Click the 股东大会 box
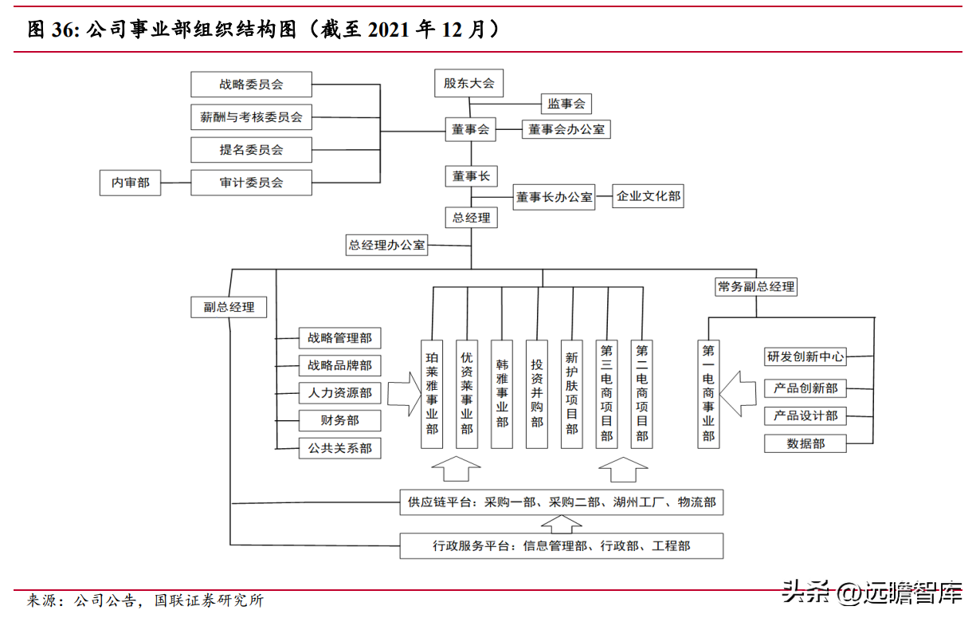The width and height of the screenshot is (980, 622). tap(469, 83)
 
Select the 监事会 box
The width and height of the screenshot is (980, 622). tap(566, 104)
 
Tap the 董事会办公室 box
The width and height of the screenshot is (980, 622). tap(566, 128)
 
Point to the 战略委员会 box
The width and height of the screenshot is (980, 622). tap(251, 84)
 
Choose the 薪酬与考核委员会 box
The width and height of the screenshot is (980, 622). tap(251, 117)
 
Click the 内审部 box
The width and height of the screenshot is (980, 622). tap(130, 183)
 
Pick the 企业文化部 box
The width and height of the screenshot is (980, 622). tap(648, 195)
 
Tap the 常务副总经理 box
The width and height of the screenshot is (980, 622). tap(756, 286)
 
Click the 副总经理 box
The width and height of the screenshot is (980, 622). tap(229, 307)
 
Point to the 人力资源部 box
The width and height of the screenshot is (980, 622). tap(339, 393)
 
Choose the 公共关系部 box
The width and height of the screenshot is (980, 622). tap(339, 448)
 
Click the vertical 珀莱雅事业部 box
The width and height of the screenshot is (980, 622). tap(433, 393)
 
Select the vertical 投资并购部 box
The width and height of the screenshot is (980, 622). tap(537, 393)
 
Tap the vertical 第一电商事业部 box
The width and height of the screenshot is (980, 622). tap(708, 393)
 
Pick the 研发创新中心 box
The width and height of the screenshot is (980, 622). tap(806, 356)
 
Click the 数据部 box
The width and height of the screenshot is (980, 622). tap(806, 443)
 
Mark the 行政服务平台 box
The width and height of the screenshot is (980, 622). tap(562, 546)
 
